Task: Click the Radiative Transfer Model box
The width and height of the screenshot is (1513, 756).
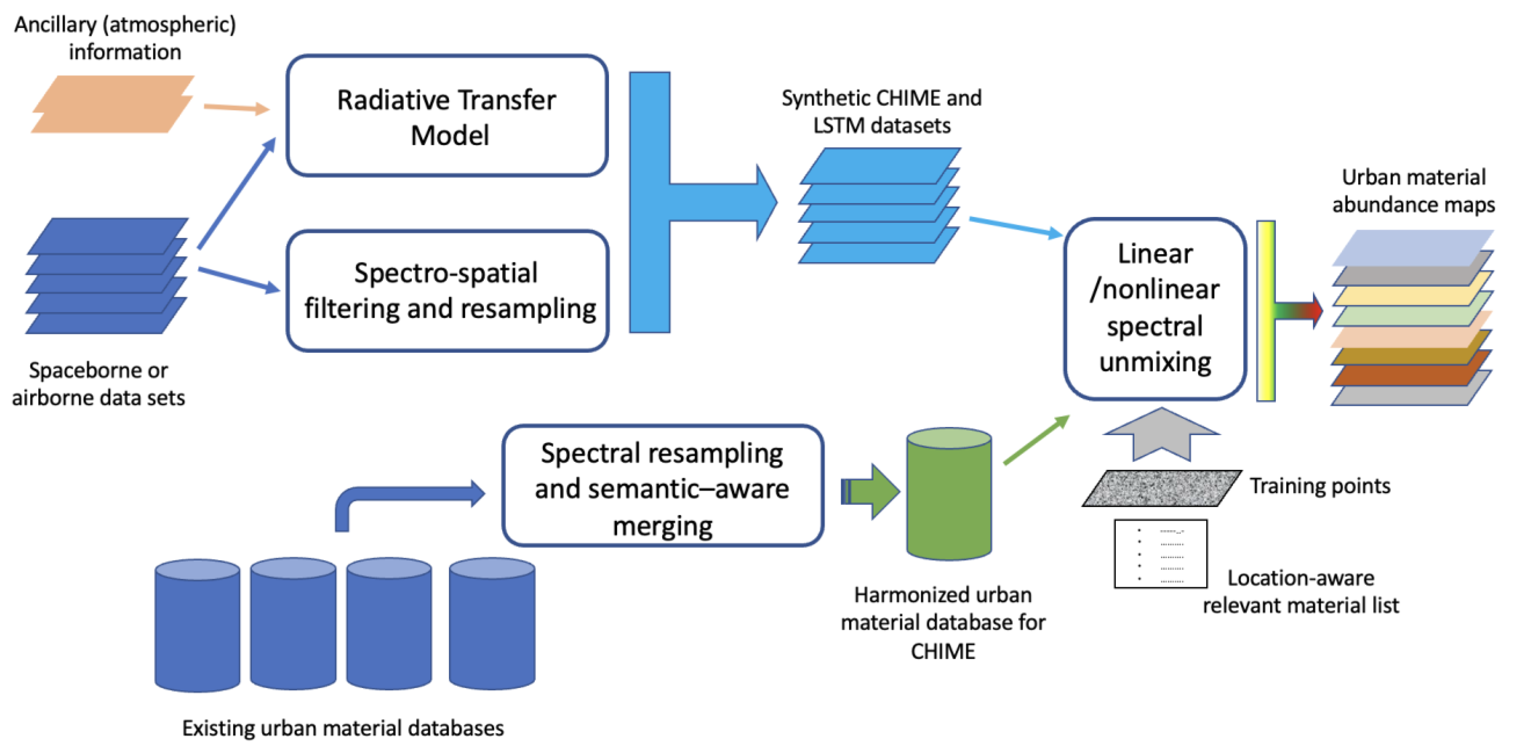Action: tap(446, 116)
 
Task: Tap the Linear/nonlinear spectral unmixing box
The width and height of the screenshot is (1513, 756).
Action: tap(1155, 309)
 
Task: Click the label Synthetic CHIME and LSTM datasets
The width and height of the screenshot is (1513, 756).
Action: tap(881, 112)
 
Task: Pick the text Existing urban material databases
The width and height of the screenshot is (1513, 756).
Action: tap(343, 728)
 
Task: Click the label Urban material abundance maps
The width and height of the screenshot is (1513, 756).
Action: tap(1413, 191)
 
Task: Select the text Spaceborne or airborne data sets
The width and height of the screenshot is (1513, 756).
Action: tap(99, 384)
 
